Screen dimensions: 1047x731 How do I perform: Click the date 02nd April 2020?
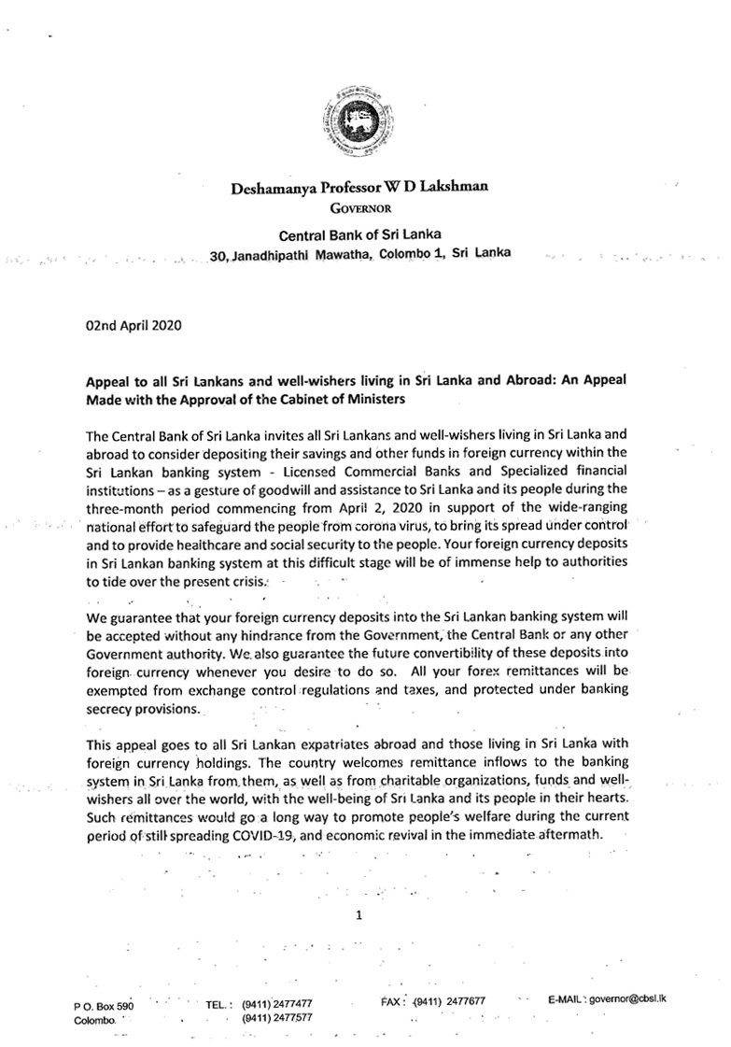point(127,327)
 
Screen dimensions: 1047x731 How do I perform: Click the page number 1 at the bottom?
point(358,916)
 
